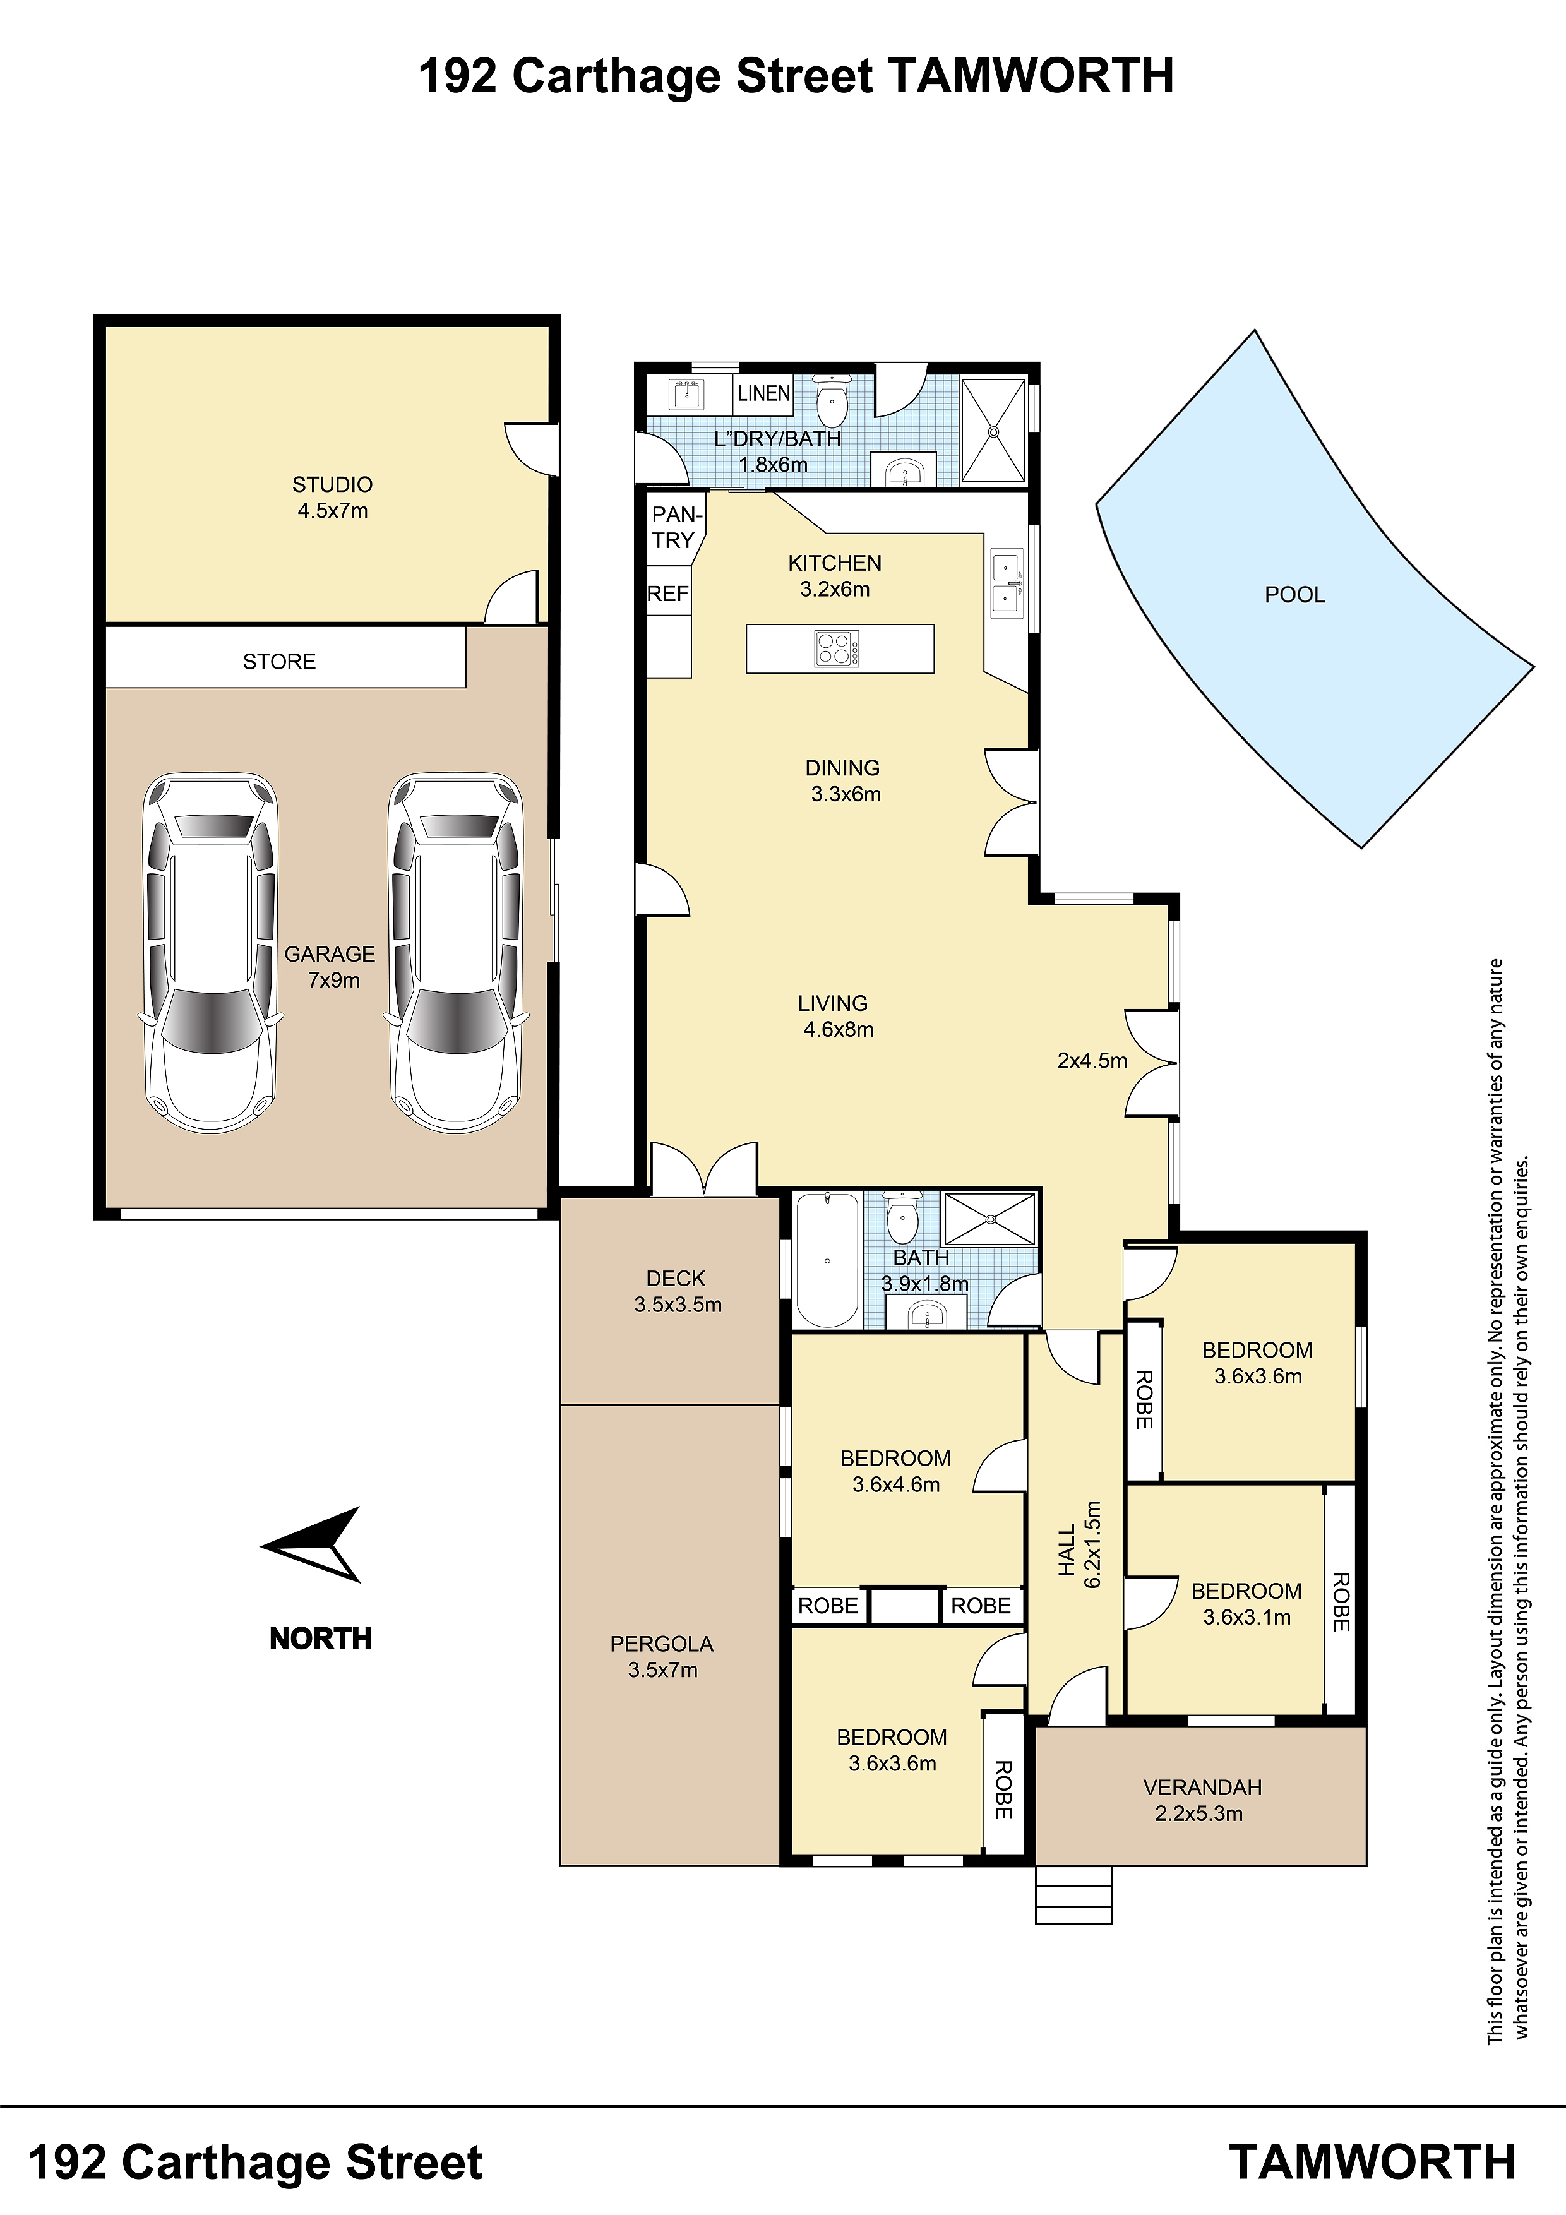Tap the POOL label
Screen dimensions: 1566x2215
[1295, 595]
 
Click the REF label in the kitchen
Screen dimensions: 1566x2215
[667, 594]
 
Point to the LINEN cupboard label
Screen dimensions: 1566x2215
[764, 393]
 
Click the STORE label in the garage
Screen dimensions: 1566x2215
[279, 662]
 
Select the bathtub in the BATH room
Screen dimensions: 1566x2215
[827, 1260]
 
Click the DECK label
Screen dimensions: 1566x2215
[676, 1279]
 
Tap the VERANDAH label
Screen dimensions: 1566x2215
[1202, 1788]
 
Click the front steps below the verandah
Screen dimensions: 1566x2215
[1074, 1895]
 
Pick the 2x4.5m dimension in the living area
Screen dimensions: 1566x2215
[1092, 1061]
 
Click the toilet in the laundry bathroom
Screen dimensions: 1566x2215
[830, 402]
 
